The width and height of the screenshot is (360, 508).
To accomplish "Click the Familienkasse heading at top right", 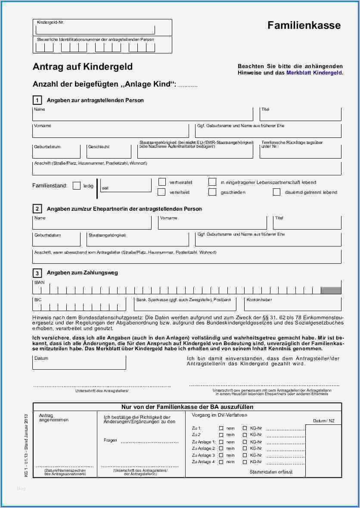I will pyautogui.click(x=304, y=25).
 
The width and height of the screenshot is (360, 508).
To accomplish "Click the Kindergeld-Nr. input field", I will pyautogui.click(x=95, y=30).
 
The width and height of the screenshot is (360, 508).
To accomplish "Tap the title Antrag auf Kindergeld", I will pyautogui.click(x=83, y=67).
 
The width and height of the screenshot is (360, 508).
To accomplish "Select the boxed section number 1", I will pyautogui.click(x=37, y=100).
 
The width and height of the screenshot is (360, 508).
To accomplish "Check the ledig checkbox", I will pyautogui.click(x=77, y=186).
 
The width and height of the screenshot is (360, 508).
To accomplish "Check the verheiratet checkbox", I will pyautogui.click(x=162, y=182).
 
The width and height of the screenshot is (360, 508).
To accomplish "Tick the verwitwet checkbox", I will pyautogui.click(x=162, y=192).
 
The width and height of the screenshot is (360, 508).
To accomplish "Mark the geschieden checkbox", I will pyautogui.click(x=212, y=192).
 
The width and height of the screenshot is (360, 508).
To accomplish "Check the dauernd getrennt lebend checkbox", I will pyautogui.click(x=276, y=192).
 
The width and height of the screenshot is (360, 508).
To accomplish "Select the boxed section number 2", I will pyautogui.click(x=37, y=209).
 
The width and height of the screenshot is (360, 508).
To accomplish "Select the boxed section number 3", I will pyautogui.click(x=37, y=273).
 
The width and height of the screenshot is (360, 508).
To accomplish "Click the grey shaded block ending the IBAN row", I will pyautogui.click(x=331, y=290).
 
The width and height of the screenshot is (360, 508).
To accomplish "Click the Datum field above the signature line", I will pyautogui.click(x=79, y=363).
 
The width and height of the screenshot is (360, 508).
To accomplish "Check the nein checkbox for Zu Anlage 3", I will pyautogui.click(x=221, y=455).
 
